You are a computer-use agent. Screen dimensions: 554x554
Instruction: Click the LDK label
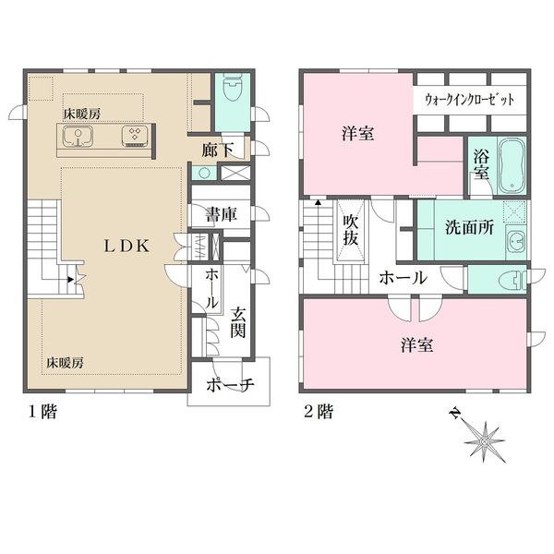tap(126, 246)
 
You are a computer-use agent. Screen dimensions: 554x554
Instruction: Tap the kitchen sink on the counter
tap(78, 136)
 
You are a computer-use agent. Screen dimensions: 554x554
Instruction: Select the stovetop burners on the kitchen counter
tap(134, 136)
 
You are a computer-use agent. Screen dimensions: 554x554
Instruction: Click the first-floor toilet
tap(233, 88)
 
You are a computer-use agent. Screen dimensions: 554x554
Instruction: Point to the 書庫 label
tap(222, 214)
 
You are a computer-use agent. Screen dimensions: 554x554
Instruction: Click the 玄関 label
tap(238, 322)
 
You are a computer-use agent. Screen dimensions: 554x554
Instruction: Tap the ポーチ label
tap(230, 384)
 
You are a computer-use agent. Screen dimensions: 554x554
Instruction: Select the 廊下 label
tap(218, 150)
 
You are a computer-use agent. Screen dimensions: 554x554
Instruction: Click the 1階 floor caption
tap(42, 412)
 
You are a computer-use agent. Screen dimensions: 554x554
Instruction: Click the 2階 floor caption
tap(319, 412)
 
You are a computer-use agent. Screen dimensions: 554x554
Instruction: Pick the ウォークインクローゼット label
tap(470, 100)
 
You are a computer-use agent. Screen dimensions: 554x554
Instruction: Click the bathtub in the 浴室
tap(512, 166)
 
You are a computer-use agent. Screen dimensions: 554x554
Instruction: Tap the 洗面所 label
tap(469, 227)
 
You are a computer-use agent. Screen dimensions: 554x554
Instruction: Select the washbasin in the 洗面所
tap(516, 243)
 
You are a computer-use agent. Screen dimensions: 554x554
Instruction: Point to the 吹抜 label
tap(351, 230)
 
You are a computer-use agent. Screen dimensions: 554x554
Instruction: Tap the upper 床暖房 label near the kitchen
tap(81, 114)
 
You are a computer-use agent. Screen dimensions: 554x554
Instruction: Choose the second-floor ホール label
tap(403, 278)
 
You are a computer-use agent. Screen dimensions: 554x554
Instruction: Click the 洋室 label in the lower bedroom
tap(417, 344)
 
